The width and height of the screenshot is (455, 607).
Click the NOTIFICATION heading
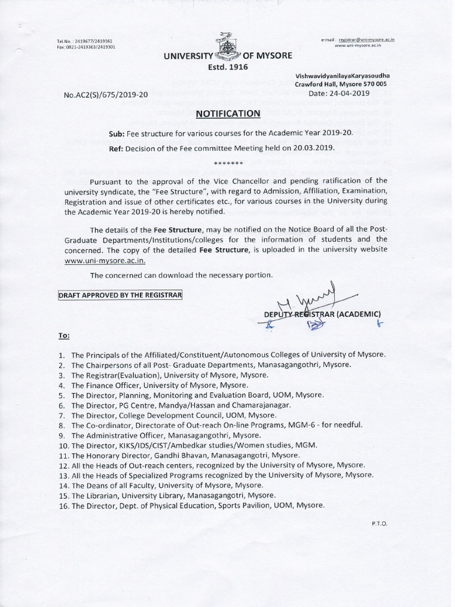point(228,113)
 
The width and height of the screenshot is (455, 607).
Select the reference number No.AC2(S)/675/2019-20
point(106,94)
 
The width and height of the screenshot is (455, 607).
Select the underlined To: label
point(64,336)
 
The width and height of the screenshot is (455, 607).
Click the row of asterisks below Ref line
point(227,162)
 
